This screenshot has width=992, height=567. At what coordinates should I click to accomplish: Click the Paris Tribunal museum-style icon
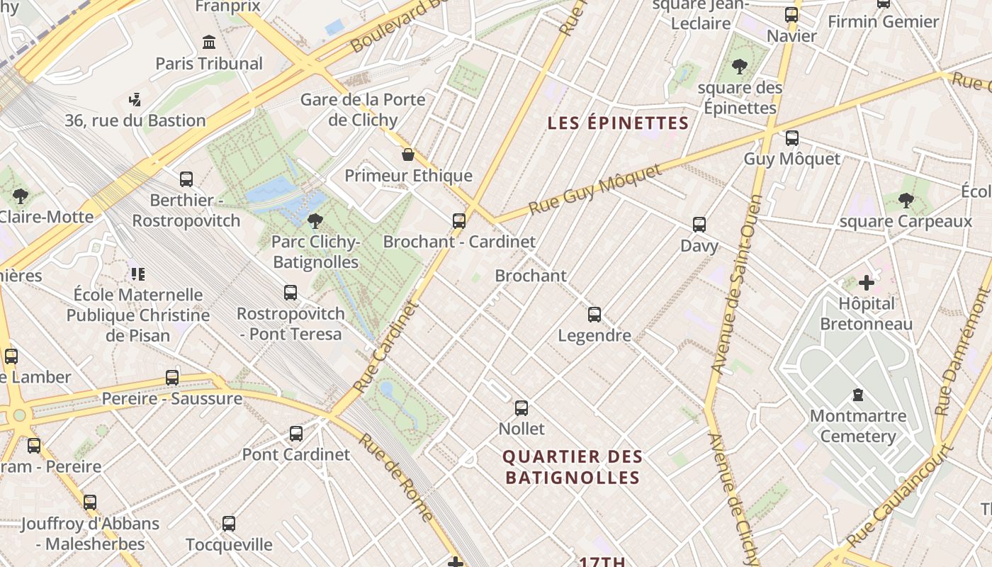[209, 43]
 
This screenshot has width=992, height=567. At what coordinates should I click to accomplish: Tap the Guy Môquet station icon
[791, 138]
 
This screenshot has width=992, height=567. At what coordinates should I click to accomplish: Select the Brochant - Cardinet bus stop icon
[459, 221]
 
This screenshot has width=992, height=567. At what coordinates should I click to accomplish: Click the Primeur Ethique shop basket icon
[408, 155]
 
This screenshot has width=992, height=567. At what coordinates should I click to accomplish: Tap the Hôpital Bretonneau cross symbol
[866, 283]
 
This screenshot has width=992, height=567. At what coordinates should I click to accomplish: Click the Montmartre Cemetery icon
[858, 395]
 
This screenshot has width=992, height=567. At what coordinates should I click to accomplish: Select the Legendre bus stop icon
[594, 315]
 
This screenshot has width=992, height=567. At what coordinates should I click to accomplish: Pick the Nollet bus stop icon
[522, 408]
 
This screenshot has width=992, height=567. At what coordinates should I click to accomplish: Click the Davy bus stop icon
[699, 225]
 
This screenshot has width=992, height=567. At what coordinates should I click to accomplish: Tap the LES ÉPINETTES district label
[618, 123]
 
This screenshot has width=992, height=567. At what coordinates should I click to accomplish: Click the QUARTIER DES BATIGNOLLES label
[572, 467]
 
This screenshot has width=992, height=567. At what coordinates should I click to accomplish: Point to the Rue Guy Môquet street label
[595, 189]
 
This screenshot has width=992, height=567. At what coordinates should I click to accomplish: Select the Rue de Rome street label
[395, 476]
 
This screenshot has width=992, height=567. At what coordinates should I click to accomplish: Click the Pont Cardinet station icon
[296, 434]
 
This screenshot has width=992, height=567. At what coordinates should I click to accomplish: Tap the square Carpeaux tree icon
[906, 201]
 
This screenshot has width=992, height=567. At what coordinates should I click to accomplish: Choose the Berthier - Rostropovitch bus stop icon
[186, 179]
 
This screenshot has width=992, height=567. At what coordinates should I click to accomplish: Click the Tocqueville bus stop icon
[229, 524]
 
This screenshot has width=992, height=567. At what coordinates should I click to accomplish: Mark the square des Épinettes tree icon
[740, 67]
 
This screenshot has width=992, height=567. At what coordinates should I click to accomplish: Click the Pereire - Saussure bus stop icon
[172, 378]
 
